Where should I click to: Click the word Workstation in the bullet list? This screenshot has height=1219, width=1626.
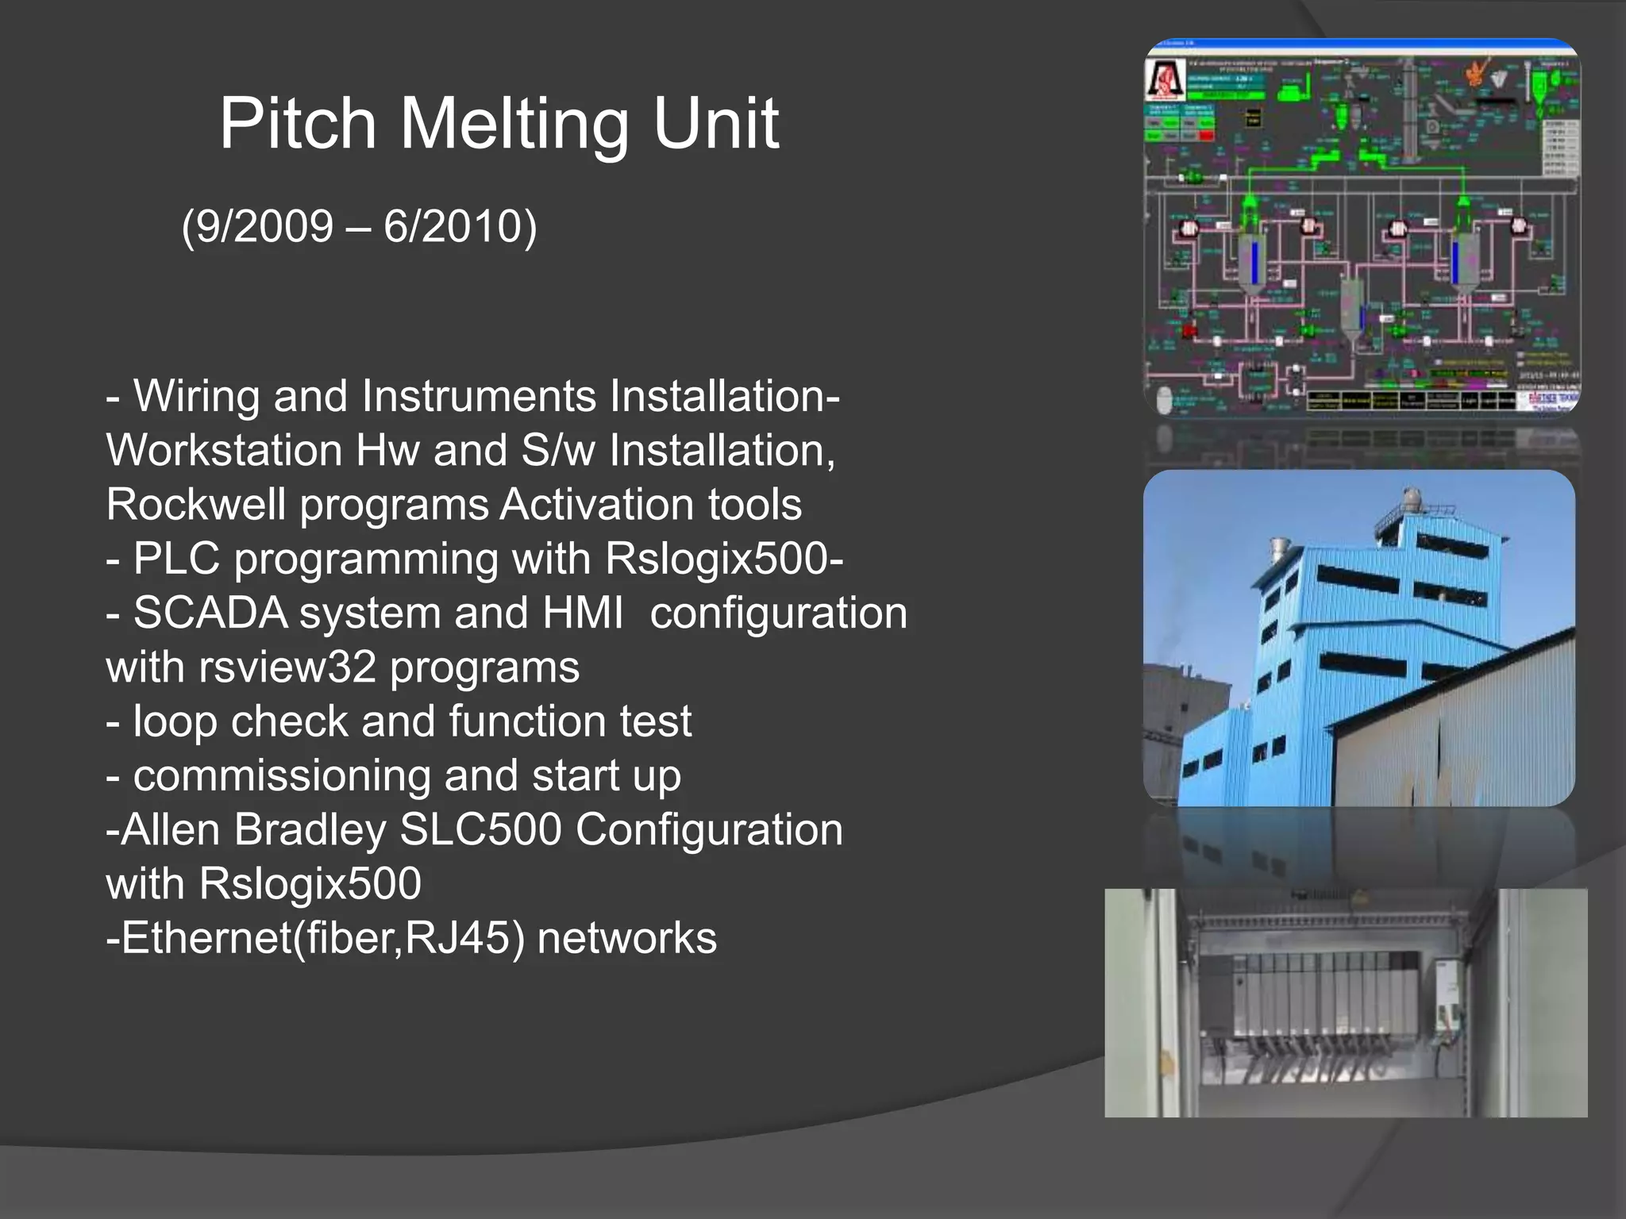(225, 451)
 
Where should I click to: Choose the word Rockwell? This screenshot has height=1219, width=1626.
(196, 505)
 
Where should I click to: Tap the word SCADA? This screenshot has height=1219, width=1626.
(210, 613)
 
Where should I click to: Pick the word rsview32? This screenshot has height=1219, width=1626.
(287, 667)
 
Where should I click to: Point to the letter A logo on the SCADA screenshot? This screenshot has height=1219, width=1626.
(1165, 79)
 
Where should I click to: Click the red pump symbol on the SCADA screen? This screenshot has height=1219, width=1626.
(1189, 329)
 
